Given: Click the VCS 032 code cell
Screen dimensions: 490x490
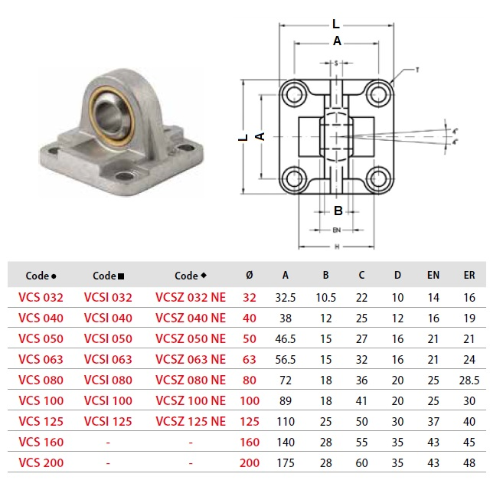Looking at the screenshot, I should pos(41,298).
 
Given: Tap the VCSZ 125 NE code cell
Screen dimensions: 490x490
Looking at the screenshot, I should pos(191,421).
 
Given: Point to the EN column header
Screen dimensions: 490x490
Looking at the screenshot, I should pos(433,276).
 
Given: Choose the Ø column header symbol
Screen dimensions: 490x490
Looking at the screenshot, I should pos(250,276).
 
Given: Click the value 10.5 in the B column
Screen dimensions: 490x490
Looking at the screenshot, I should pos(325,298).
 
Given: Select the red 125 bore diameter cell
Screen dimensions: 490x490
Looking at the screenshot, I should pos(250,421).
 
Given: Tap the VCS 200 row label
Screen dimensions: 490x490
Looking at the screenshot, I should pos(41,462).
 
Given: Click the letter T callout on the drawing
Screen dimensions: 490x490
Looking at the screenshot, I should pos(416,70).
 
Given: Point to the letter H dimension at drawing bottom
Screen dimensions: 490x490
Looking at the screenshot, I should pos(337,247).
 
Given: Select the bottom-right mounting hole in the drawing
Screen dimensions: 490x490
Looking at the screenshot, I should pos(377,181).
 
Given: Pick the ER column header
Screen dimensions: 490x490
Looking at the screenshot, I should pos(469,276).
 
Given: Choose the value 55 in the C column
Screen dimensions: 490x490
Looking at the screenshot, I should pos(361,442).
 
